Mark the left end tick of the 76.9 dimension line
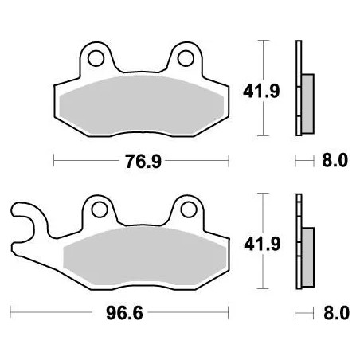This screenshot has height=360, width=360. tap(54, 162)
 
